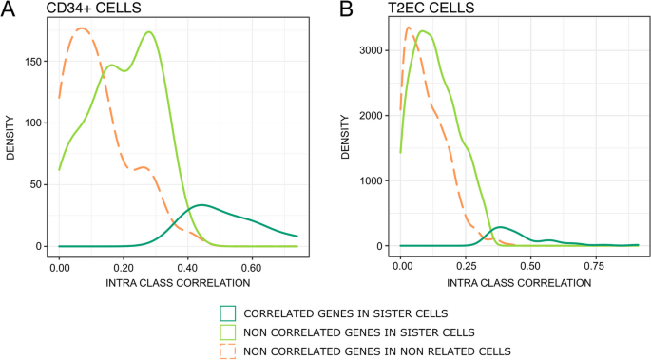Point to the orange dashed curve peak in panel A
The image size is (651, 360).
click(x=82, y=28)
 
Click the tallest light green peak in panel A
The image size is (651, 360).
click(x=149, y=32)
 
